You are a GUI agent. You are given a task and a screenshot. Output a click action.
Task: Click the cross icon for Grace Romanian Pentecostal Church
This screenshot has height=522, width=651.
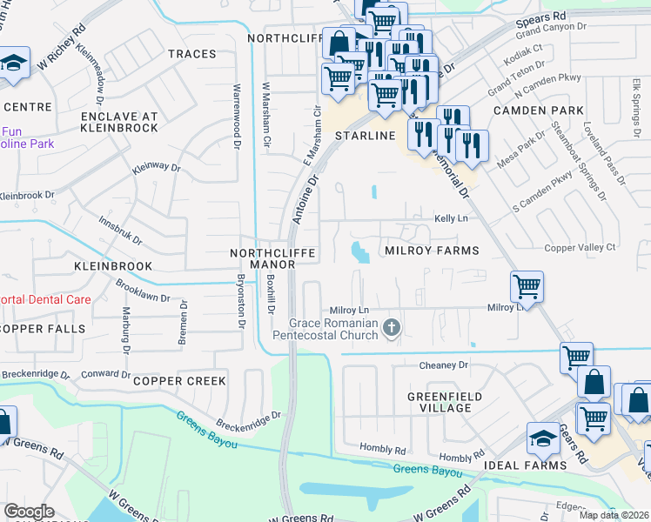[x=392, y=327]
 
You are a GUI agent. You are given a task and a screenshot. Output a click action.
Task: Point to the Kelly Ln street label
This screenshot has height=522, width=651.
[x=451, y=218]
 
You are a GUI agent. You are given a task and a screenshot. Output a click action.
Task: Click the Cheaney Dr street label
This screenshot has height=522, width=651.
[x=444, y=365]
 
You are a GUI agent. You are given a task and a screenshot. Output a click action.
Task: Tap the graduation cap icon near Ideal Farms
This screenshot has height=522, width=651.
[x=543, y=438]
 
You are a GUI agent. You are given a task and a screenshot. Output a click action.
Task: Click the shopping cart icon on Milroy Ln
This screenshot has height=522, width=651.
[x=527, y=284]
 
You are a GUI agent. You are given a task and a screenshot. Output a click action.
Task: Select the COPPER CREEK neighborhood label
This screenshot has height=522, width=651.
[x=179, y=381]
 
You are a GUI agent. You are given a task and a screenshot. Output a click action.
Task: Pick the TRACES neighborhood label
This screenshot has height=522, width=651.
[x=191, y=54]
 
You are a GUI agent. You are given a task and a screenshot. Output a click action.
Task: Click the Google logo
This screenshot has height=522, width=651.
[x=29, y=512]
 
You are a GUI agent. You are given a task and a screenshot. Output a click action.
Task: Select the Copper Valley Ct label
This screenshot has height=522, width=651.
[x=580, y=247]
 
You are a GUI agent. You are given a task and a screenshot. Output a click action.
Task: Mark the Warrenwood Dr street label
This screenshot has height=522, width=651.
[x=236, y=117]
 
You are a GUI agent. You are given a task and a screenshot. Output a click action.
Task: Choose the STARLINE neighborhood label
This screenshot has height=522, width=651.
[x=366, y=137]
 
